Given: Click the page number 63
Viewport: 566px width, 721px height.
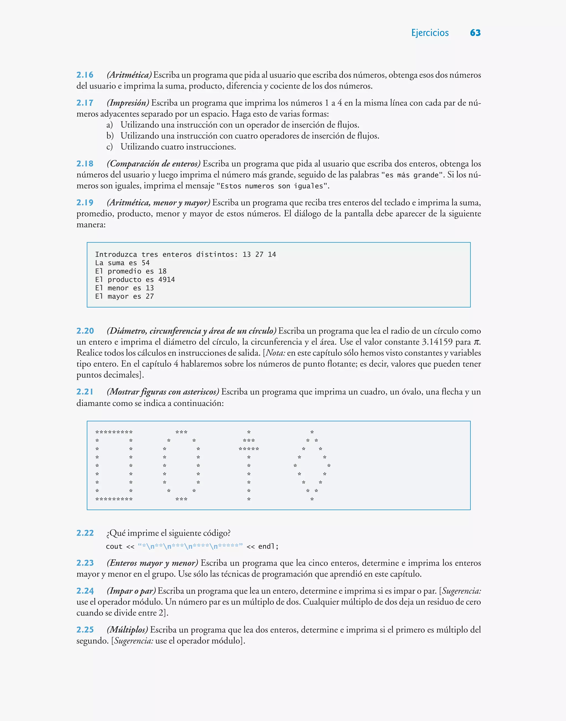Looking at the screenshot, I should (475, 33).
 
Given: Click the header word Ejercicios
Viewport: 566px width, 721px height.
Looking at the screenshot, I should (429, 33).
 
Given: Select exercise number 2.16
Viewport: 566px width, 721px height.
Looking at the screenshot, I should (85, 75).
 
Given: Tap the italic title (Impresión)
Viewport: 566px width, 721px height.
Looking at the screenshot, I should (128, 103).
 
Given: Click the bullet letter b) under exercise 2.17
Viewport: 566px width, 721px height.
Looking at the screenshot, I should (110, 136).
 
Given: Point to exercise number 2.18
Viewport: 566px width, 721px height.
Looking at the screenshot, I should (85, 164).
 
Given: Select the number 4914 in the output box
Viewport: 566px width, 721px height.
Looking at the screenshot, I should (166, 280).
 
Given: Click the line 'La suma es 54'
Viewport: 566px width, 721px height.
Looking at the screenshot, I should (122, 263).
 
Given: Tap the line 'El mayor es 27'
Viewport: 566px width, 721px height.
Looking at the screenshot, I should (124, 296).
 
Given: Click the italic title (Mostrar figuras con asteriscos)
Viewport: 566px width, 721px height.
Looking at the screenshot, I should (163, 392).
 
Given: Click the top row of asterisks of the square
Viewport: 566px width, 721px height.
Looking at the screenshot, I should (114, 432).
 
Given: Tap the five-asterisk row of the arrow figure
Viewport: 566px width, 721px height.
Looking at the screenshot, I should (248, 449).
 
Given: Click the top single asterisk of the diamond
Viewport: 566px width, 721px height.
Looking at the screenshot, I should (312, 432).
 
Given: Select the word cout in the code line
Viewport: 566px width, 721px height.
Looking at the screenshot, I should (114, 546).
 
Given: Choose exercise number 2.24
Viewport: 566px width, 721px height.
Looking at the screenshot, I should (85, 591).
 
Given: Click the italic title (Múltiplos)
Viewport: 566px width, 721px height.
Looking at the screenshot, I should (127, 630).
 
